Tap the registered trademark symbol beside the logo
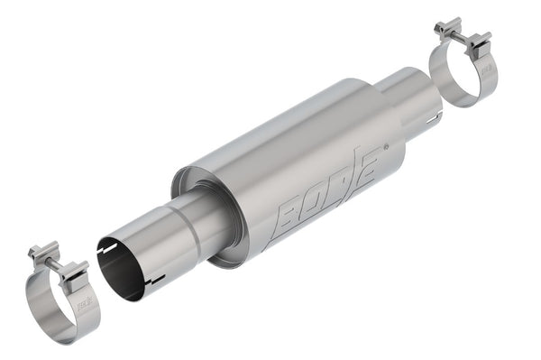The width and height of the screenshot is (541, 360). point(388,144)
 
